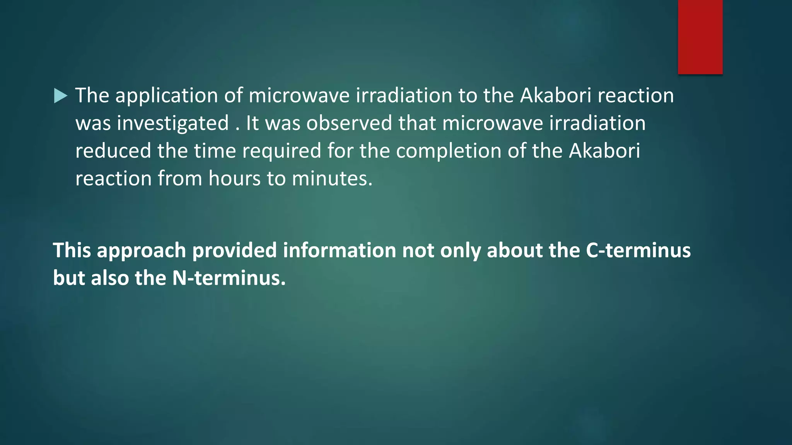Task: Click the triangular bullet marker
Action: pos(61,96)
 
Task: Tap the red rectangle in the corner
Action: pos(700,37)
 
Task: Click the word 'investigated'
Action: pos(173,124)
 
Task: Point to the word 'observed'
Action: pos(349,124)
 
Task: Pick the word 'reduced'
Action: pos(113,151)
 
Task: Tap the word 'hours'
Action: pos(234,179)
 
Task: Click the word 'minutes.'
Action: pos(332,179)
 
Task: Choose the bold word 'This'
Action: pos(72,250)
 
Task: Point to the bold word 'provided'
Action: pos(234,250)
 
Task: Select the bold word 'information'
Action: pos(339,250)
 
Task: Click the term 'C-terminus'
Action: pos(638,250)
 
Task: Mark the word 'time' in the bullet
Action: pos(215,151)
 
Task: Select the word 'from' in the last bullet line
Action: pos(180,179)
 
